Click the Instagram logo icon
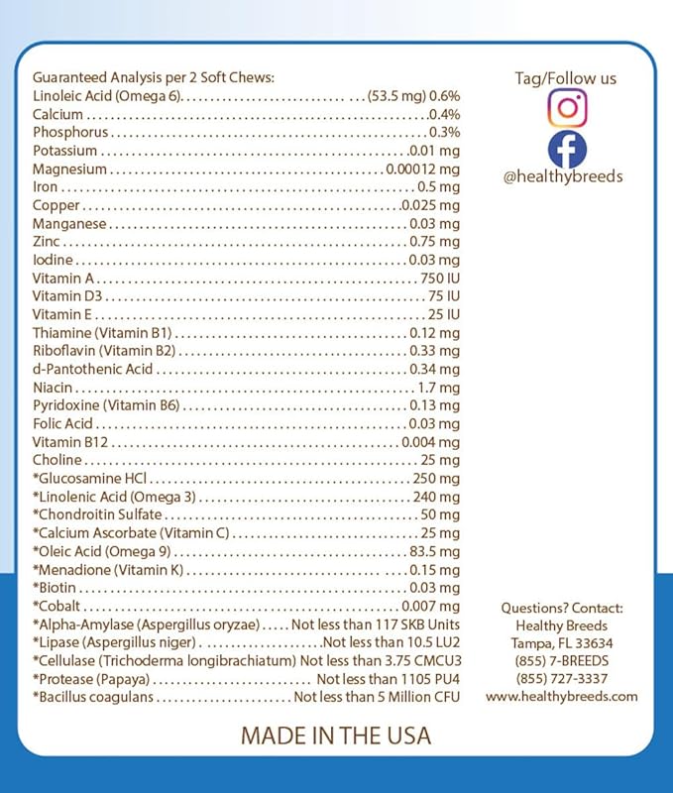tap(567, 107)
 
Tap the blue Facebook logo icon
tap(567, 149)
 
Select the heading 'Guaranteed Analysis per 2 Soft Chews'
tap(154, 77)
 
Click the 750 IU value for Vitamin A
tap(439, 279)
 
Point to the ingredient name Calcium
tap(57, 114)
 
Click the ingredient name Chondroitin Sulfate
tap(97, 515)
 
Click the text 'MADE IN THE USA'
tap(336, 736)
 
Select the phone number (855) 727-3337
tap(562, 679)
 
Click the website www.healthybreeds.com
tap(562, 697)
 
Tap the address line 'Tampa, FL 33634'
tap(562, 643)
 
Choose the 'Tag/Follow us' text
tap(565, 77)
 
